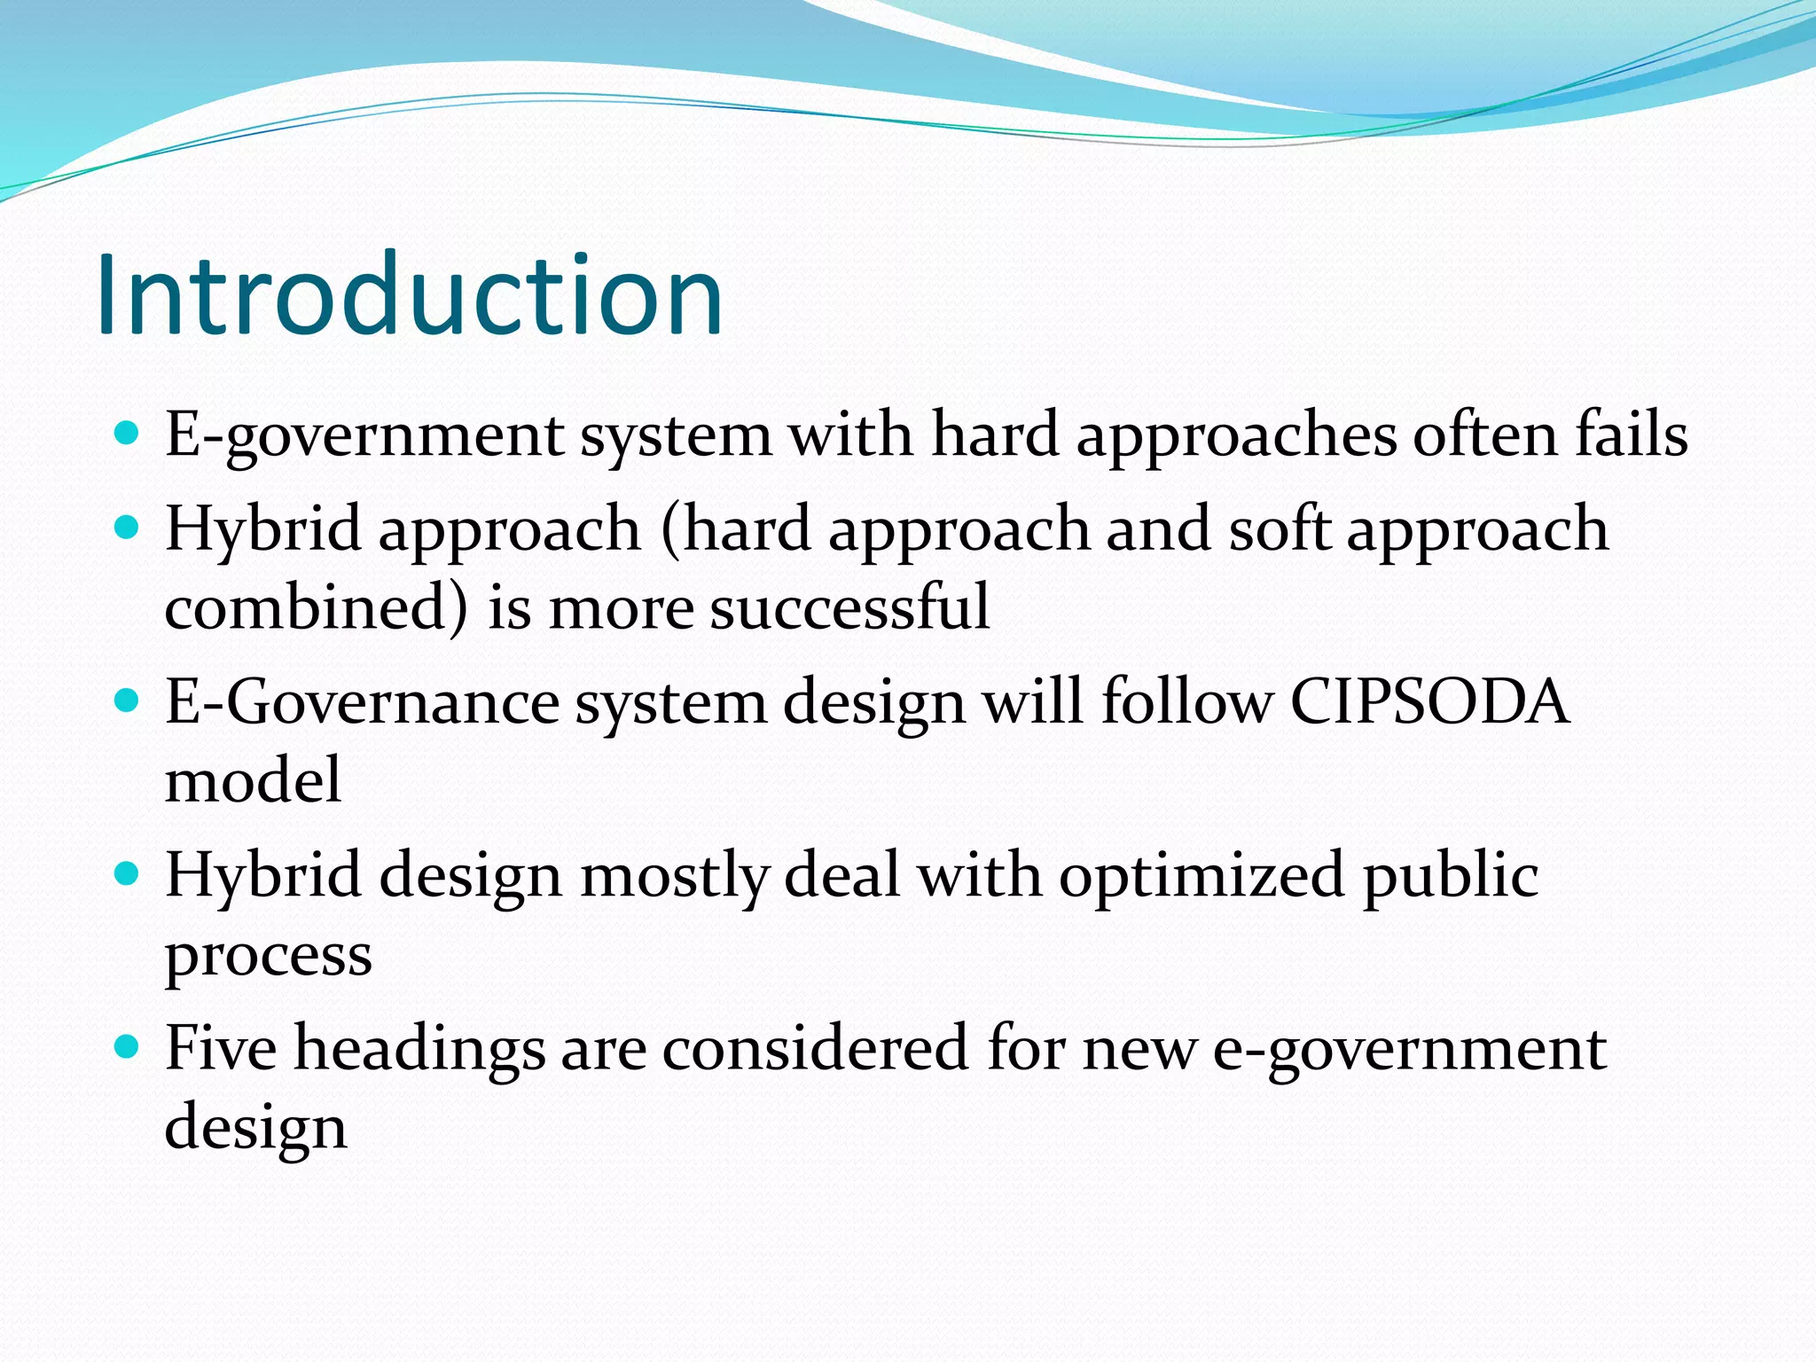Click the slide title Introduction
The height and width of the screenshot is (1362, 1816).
pyautogui.click(x=410, y=294)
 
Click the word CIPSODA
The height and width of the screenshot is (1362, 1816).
pyautogui.click(x=1429, y=701)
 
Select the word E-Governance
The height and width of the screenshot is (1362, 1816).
pyautogui.click(x=362, y=701)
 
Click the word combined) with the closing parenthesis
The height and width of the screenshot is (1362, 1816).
pyautogui.click(x=317, y=608)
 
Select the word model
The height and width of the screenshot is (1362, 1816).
pyautogui.click(x=253, y=780)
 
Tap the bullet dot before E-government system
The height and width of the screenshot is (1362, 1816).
pyautogui.click(x=128, y=434)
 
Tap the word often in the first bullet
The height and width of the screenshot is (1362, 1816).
pyautogui.click(x=1485, y=434)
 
